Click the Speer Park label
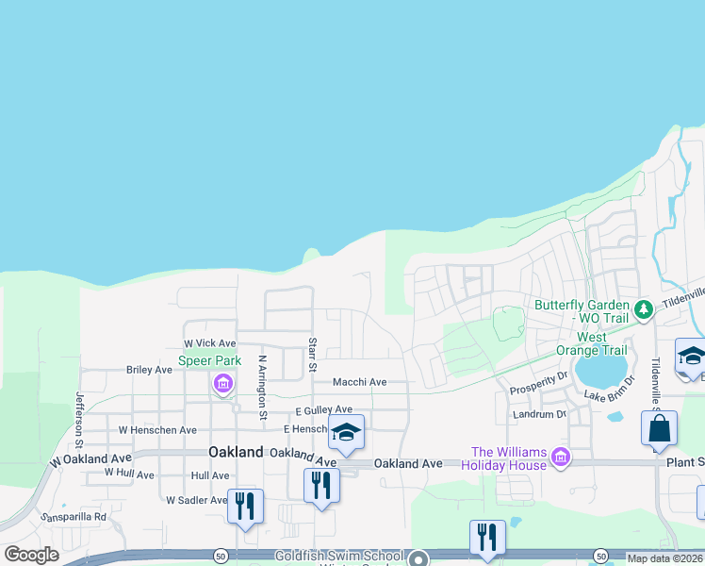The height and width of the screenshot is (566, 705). point(210,360)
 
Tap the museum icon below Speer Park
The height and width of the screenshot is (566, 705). point(223,383)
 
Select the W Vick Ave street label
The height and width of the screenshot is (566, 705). point(209,343)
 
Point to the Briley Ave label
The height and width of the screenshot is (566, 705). point(149,370)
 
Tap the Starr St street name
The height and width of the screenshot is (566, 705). point(311,354)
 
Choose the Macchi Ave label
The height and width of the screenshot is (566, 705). point(359,382)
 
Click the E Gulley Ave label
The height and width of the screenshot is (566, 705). point(323,410)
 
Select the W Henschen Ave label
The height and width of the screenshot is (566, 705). point(157,430)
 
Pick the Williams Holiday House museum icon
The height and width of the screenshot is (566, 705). point(561,457)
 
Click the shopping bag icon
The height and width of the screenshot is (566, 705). point(659,427)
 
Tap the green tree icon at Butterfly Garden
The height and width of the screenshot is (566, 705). point(644,308)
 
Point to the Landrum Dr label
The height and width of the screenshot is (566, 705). point(539,414)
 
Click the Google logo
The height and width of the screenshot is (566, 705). point(32,555)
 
